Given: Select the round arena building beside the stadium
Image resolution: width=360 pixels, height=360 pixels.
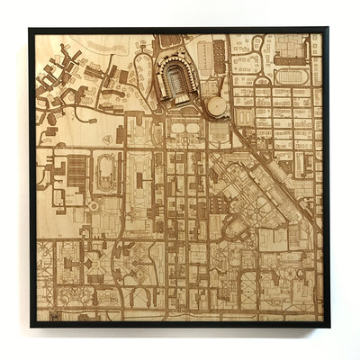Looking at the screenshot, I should point(217,107).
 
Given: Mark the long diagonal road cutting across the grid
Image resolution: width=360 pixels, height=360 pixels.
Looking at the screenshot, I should point(270,171).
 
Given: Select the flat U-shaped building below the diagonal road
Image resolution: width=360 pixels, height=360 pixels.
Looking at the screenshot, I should point(237,229).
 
